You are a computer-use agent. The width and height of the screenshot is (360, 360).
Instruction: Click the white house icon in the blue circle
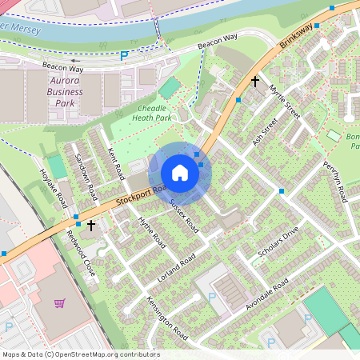coord(180,173)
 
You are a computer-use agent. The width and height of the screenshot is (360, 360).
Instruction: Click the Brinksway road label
coord(298,40)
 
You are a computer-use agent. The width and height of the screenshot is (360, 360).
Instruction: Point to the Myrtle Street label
coord(284,102)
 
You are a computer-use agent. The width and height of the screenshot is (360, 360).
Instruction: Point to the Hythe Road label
coord(151,232)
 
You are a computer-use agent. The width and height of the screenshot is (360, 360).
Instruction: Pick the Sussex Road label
coord(183,215)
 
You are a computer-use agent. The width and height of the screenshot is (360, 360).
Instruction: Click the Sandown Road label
coord(85,176)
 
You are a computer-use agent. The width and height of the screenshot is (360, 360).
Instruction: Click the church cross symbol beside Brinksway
coord(255,82)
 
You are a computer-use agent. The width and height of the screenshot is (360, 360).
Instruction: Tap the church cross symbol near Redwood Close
coord(91,226)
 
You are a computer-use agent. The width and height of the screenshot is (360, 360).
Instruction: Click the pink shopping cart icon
coord(59,303)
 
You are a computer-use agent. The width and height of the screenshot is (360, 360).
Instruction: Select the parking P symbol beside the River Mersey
coord(124,55)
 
